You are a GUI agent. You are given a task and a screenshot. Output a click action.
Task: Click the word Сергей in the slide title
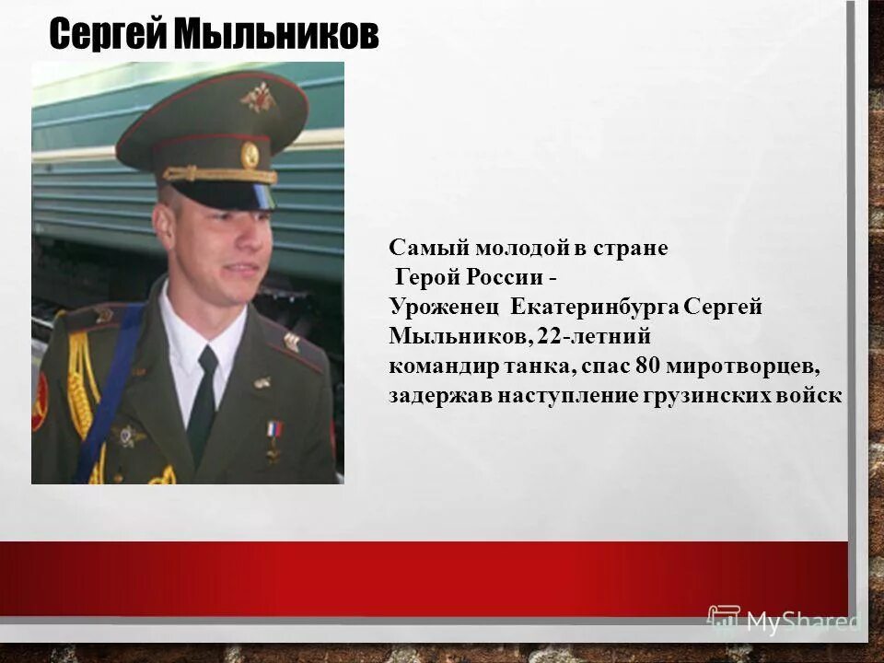108,36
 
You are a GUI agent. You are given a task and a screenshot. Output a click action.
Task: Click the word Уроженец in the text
445,308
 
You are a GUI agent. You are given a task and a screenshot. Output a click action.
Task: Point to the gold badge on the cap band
250,155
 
